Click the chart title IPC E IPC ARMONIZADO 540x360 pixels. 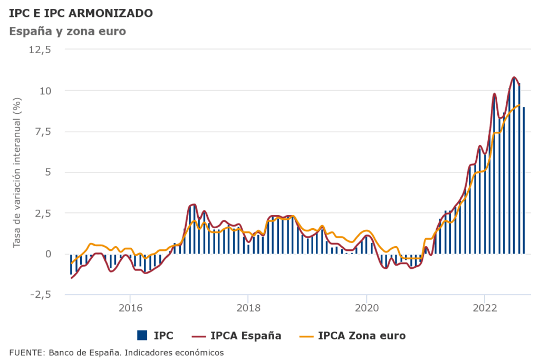[x=81, y=13]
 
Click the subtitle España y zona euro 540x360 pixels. [x=67, y=31]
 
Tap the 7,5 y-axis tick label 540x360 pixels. [x=42, y=131]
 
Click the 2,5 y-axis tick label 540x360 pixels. [x=42, y=213]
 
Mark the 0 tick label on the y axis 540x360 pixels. [x=47, y=254]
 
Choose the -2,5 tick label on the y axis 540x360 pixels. [x=40, y=295]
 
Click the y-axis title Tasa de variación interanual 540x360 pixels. [x=17, y=172]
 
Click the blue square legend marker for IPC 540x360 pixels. [x=142, y=335]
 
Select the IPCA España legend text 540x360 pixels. [x=246, y=335]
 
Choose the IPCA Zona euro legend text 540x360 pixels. [x=362, y=335]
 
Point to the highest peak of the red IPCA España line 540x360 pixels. [x=514, y=77]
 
